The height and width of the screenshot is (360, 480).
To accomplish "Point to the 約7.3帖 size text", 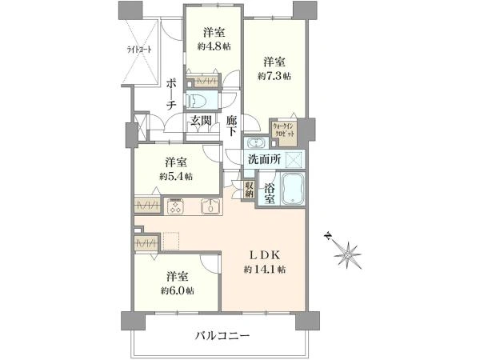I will tap(274, 76).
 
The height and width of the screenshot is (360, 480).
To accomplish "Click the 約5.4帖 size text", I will tap(177, 175).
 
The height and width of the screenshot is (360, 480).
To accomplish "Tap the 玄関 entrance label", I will tap(201, 121).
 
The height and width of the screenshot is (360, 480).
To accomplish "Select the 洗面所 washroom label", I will tap(264, 159).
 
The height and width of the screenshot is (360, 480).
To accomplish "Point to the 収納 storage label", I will tap(249, 189).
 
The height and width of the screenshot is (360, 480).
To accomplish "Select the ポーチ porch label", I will tap(172, 94).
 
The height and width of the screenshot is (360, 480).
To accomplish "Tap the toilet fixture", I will tap(200, 102).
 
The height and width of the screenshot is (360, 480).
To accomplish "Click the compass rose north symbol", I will tap(347, 254).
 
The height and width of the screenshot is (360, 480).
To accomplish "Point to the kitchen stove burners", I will tap(177, 206).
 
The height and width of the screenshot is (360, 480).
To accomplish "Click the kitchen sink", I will tap(210, 206).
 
